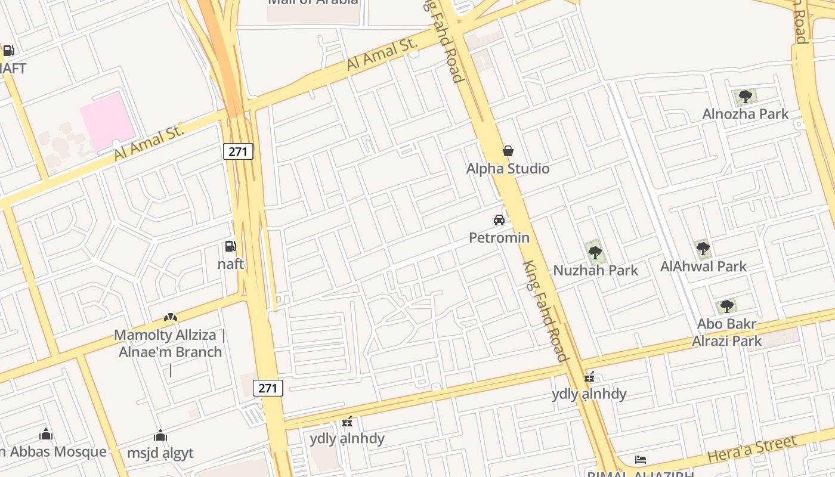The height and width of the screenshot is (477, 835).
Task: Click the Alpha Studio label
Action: point(508,169)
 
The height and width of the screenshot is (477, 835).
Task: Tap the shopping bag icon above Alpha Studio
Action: point(508,151)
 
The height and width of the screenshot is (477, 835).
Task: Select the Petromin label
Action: point(499,238)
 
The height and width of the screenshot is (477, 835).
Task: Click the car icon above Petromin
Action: point(499,220)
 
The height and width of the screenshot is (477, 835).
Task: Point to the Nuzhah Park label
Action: point(595,270)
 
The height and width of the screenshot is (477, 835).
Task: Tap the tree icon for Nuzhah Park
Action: point(595,253)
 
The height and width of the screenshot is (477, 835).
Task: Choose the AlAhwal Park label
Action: point(703,267)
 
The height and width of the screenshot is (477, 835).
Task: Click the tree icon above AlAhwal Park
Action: point(703,248)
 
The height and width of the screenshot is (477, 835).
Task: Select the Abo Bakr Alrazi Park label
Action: point(726,333)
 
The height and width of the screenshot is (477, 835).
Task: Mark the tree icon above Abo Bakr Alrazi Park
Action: point(726,306)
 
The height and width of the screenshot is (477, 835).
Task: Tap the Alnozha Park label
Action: point(745,114)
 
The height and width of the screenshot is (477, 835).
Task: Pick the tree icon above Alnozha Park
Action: point(744,96)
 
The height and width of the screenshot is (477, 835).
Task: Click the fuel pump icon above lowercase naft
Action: point(230,246)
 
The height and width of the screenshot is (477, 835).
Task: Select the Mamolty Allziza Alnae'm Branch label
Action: point(170,343)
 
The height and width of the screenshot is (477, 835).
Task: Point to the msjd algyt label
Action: point(160,453)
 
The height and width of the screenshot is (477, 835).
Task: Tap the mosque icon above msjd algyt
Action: point(160,436)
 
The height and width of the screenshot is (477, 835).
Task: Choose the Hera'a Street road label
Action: point(751,449)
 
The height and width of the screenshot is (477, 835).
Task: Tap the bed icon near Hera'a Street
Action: point(641,460)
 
